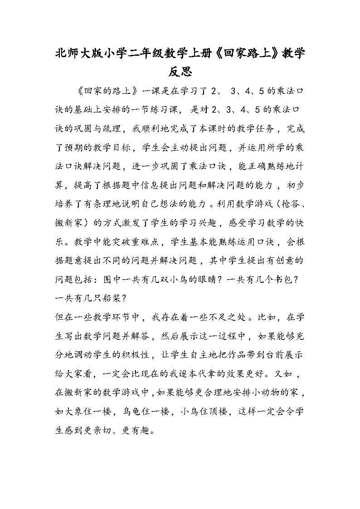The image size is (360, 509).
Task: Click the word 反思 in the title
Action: pos(180,72)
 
